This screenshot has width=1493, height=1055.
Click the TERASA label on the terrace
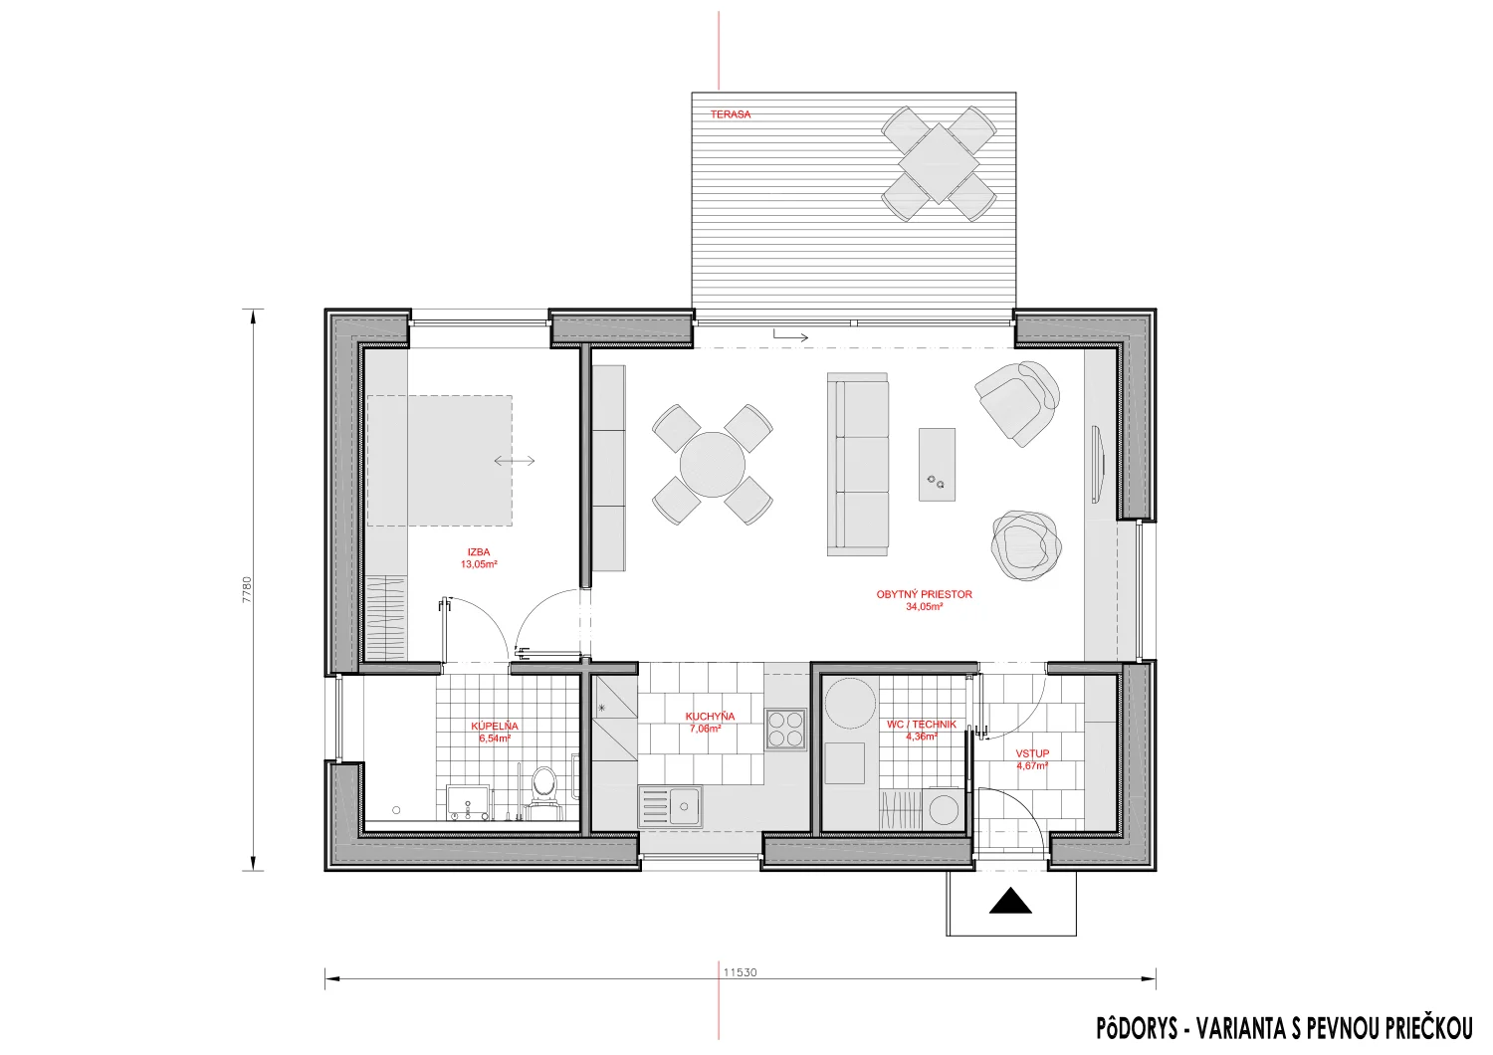pos(730,114)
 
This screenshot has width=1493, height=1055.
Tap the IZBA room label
pos(479,551)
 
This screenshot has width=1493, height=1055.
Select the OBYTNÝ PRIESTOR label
pos(924,594)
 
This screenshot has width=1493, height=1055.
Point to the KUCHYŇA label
pos(710,717)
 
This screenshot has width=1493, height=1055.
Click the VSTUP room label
pos(1032,753)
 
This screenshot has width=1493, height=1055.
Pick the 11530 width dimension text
pos(740,972)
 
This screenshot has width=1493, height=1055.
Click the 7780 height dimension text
pos(247,590)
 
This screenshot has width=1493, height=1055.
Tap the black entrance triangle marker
pos(1010,901)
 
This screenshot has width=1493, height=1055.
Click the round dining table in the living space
pos(712,465)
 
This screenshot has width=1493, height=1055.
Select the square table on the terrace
pos(939,163)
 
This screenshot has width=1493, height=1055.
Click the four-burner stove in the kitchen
pos(786,730)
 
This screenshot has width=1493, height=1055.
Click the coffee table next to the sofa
pos(937,465)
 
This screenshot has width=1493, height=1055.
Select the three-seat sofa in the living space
pos(858,464)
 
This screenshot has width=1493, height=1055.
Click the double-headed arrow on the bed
pos(515,461)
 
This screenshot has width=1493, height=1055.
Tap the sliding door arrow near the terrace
pos(791,336)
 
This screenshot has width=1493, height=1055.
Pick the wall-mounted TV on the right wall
pos(1097,465)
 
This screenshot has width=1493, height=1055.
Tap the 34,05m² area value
pos(924,607)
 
